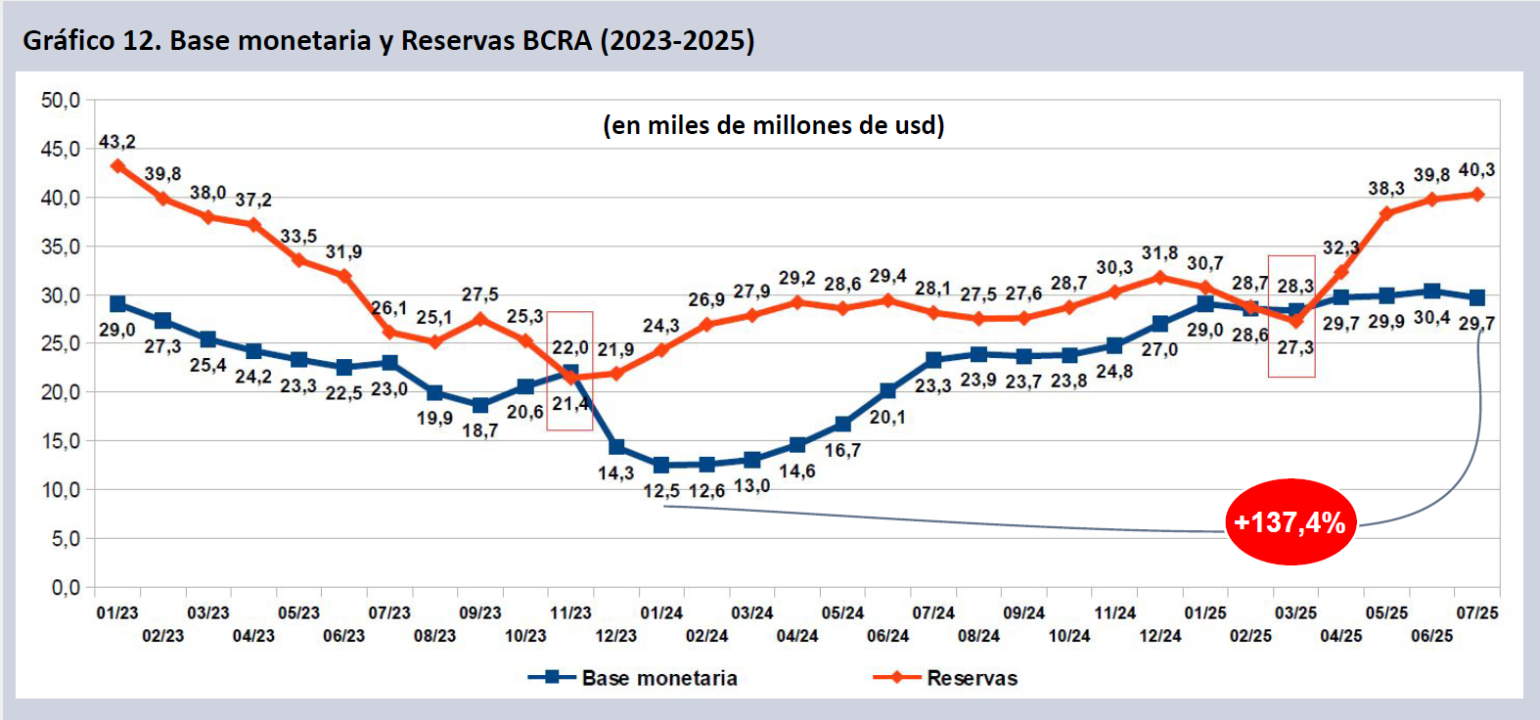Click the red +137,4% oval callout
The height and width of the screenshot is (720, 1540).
(x=1290, y=522)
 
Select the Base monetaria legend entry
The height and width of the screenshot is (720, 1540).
(x=658, y=678)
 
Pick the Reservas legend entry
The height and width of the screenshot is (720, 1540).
(x=972, y=678)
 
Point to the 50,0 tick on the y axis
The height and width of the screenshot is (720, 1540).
(x=61, y=100)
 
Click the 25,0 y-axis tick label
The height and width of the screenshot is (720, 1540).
(x=61, y=343)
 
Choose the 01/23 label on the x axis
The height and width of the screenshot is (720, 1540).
(x=117, y=613)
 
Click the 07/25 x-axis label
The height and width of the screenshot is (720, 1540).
(x=1477, y=613)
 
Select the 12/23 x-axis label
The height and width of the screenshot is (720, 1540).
(x=616, y=636)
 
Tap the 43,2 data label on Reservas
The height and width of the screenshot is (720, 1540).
(x=117, y=142)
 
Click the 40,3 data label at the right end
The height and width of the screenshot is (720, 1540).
(x=1476, y=170)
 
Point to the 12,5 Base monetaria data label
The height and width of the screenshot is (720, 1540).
(x=661, y=491)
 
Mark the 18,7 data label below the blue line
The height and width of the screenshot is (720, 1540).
(x=480, y=430)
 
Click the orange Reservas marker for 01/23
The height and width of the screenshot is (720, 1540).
(x=118, y=166)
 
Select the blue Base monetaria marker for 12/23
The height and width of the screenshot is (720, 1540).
(x=616, y=447)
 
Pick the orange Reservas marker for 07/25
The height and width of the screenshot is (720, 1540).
(x=1477, y=195)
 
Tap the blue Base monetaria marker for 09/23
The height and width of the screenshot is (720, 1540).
(x=480, y=405)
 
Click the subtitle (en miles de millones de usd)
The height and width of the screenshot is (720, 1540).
(x=773, y=125)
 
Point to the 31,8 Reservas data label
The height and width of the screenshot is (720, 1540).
(x=1159, y=253)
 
